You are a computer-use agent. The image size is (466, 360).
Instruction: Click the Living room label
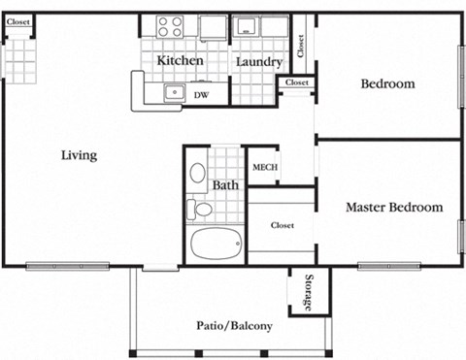coord(80,155)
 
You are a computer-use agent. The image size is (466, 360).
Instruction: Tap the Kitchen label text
coord(181,61)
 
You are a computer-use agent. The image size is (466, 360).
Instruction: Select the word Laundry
coord(259,62)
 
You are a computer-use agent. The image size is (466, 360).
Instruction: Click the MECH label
coord(265,167)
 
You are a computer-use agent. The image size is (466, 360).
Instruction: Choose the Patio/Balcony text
coord(233,326)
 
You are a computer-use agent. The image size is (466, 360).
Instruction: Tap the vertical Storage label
coord(309,293)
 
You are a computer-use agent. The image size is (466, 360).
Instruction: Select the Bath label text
coord(226,185)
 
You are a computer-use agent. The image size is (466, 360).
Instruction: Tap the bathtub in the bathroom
coord(216,244)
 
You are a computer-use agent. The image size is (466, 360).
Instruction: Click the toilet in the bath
coord(201,209)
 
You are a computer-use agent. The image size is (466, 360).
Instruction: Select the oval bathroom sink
coord(197,174)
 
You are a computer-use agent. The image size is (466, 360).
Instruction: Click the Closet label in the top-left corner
coord(18,21)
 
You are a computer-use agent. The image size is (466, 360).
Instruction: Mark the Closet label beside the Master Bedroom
coord(283,225)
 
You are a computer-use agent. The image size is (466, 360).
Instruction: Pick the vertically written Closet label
coord(301,45)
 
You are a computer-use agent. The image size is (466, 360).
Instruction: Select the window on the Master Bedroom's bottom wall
coord(388,265)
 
